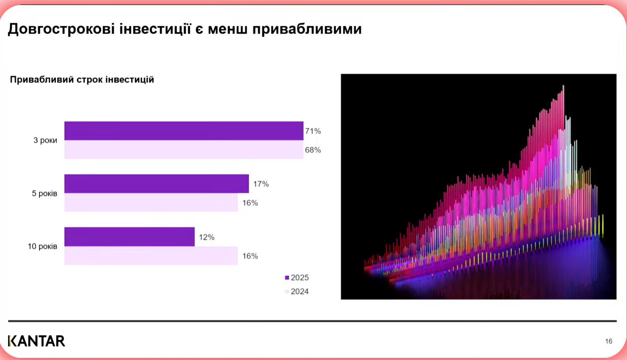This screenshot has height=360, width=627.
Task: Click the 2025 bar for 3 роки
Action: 183,131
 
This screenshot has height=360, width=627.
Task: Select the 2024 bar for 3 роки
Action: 183,150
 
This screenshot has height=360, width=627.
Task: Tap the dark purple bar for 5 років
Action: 156,183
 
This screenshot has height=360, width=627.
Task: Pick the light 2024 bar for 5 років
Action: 151,202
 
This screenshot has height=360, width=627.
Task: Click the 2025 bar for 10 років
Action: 129,237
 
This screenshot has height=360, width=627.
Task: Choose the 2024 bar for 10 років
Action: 151,256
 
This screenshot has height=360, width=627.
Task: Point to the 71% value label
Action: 313,131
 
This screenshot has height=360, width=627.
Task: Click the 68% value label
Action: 313,150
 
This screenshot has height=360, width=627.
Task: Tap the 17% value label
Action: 261,184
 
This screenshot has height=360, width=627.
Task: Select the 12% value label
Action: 206,237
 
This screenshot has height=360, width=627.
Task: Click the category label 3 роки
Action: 45,141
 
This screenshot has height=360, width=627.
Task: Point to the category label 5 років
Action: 44,193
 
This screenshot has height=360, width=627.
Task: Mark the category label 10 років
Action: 42,246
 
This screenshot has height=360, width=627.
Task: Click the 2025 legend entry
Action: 297,278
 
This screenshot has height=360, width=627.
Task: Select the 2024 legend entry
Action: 297,292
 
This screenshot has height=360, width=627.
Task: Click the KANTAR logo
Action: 36,341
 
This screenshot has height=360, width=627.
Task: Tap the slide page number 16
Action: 609,342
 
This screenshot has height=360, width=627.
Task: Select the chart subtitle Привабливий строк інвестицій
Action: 82,80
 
